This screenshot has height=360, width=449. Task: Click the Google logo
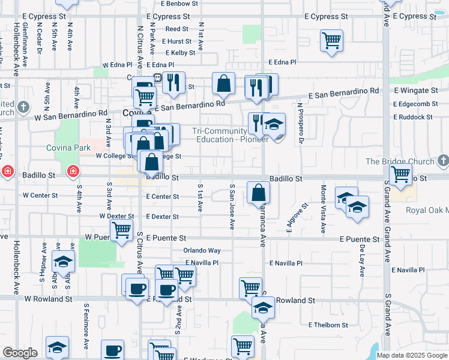[20, 353]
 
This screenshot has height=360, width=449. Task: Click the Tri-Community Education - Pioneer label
[230, 135]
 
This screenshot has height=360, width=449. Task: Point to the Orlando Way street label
[202, 250]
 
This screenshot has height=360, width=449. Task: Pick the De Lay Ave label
[363, 260]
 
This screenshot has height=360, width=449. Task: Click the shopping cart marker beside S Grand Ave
[400, 175]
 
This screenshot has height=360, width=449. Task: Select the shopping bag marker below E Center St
[258, 193]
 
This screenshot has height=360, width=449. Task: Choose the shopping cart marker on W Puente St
[122, 230]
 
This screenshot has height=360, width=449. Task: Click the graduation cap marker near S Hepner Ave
[63, 262]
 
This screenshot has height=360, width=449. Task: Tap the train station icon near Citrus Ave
[157, 77]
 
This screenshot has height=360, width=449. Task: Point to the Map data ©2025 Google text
[411, 355]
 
